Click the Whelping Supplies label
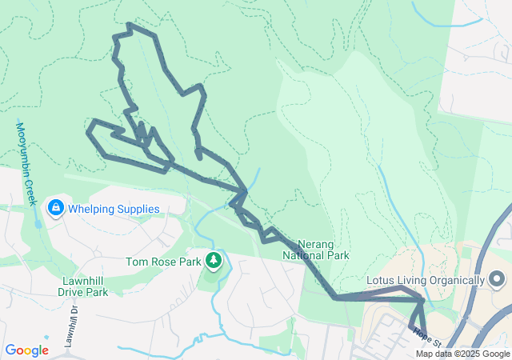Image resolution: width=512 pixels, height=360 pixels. [x=114, y=209]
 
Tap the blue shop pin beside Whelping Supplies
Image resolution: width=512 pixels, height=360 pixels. [x=55, y=209]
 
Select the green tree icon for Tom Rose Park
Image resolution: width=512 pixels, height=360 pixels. [x=214, y=261]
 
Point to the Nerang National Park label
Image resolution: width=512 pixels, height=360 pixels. [x=317, y=250]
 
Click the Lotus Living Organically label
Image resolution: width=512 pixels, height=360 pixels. [x=425, y=280]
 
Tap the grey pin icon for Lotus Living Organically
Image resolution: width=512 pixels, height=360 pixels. [x=496, y=280]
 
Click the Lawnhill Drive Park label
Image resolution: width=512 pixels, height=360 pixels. [x=85, y=286]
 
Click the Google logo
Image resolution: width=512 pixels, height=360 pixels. [x=26, y=350]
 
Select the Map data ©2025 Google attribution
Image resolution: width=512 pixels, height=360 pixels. [x=462, y=354]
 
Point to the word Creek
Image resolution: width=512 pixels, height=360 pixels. [x=31, y=189]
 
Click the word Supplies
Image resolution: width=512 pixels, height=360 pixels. [x=138, y=209]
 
